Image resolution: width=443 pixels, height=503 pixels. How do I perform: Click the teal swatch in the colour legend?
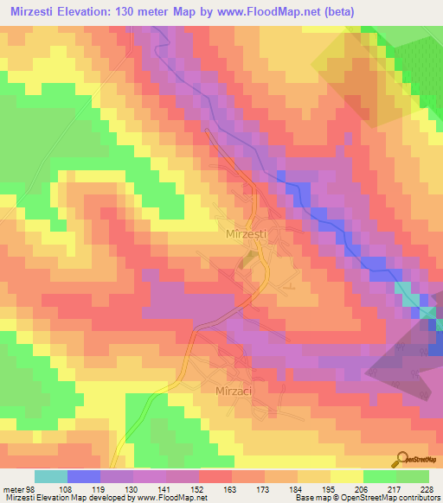click(x=51, y=477)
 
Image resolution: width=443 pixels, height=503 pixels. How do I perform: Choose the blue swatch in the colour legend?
click(x=84, y=477)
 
